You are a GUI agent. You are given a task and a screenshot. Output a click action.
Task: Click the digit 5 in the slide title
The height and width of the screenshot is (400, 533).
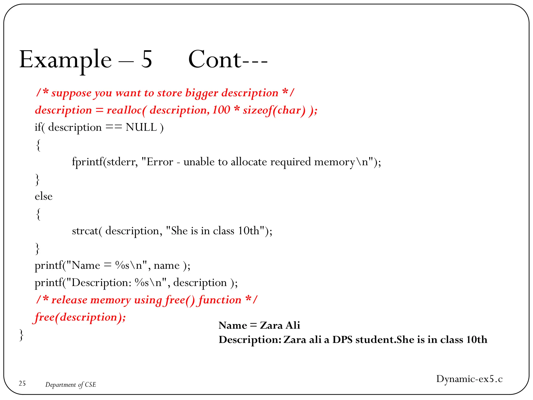point(147,60)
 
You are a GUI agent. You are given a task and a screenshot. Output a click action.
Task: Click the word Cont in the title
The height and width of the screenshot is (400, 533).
point(215,60)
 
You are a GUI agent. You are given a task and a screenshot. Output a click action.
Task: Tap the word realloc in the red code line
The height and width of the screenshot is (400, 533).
point(124,110)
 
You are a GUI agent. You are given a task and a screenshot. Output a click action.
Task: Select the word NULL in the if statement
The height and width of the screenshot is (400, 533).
point(141,127)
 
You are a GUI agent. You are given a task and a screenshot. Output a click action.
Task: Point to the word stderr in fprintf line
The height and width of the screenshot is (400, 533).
point(121,162)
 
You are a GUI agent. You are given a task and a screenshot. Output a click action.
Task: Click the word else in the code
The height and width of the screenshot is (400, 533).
point(43,196)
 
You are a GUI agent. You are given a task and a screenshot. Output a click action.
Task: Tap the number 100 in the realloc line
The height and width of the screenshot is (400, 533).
point(221,110)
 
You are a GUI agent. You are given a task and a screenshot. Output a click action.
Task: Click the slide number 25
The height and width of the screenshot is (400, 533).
point(22,383)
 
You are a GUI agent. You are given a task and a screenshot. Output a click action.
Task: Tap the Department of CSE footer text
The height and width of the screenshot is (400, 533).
point(71,385)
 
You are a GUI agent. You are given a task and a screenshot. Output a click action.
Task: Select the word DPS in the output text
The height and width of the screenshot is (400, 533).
point(342,340)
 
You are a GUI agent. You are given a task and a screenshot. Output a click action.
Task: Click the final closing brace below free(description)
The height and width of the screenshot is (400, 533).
point(21,335)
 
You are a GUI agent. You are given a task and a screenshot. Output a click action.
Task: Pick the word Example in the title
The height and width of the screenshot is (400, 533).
point(65,60)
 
